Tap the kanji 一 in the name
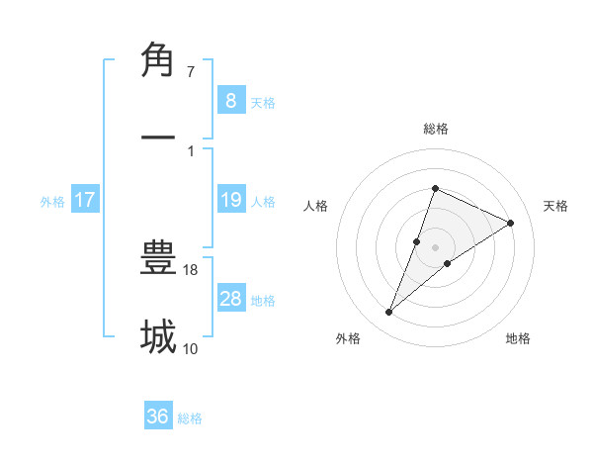pos(158,139)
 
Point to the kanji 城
pos(158,337)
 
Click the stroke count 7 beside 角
pos(191,72)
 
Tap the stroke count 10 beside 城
pos(191,348)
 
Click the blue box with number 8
pos(230,100)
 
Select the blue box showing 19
pos(230,200)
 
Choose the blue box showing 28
pos(230,299)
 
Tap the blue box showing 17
pos(85,200)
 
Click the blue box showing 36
pos(158,417)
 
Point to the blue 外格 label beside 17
pos(52,202)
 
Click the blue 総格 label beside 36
pos(191,418)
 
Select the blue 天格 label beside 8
pos(263,103)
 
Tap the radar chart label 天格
pos(555,206)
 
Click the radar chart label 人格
pos(315,206)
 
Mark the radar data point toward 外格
pos(389,313)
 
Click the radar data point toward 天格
pos(511,224)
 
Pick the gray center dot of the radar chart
pos(435,247)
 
